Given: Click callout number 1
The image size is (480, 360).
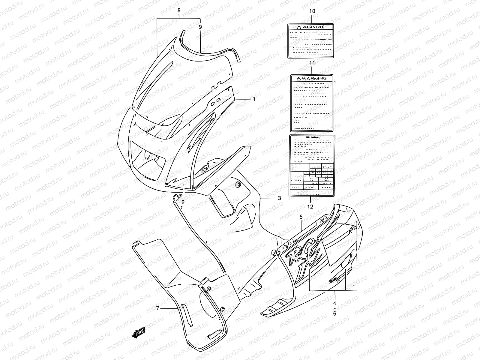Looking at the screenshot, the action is [x=254, y=99].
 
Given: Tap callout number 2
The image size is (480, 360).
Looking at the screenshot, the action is [x=183, y=202].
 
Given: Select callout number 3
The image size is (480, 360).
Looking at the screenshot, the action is [x=279, y=198].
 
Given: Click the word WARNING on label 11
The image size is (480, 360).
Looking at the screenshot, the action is [x=314, y=78].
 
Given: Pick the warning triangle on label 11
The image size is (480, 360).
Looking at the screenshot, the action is [x=298, y=78].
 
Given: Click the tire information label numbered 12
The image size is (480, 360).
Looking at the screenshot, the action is [x=312, y=166].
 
